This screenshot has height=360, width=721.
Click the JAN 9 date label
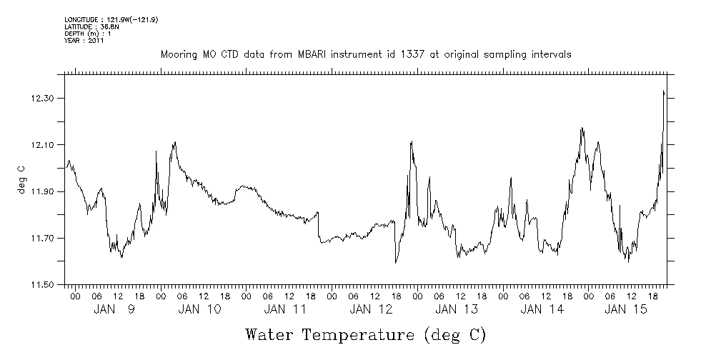tap(114, 309)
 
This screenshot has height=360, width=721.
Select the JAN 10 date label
tap(199, 309)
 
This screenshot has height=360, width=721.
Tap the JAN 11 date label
tap(285, 309)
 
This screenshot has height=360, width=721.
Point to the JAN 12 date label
tap(371, 309)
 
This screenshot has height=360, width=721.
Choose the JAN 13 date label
tap(456, 309)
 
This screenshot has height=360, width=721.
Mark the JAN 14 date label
tap(542, 309)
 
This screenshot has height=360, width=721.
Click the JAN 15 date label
tap(627, 309)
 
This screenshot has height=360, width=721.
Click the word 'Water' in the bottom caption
tap(270, 334)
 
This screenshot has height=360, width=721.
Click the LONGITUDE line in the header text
tap(111, 19)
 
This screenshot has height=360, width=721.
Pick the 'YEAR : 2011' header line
tap(84, 41)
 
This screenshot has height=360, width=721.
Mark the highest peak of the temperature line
tap(664, 91)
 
